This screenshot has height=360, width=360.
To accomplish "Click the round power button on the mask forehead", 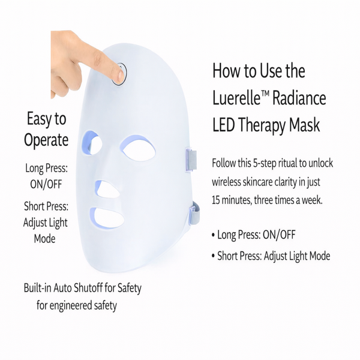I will coord(121,74).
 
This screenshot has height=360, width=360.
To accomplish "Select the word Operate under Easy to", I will coord(46,141).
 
